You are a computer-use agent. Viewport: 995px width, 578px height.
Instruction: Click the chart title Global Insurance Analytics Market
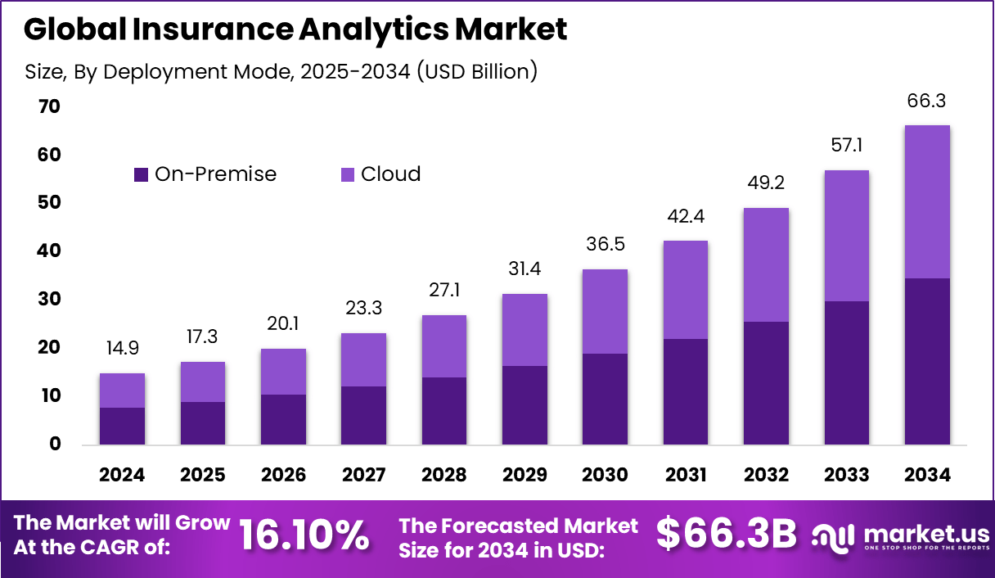[x=295, y=29]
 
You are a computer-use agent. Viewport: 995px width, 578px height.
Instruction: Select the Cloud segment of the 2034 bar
[x=927, y=201]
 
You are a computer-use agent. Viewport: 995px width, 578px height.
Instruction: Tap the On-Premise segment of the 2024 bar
[x=122, y=426]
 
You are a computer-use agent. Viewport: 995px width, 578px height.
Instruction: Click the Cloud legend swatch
[x=347, y=174]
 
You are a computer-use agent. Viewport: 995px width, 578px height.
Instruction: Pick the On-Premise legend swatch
[x=142, y=174]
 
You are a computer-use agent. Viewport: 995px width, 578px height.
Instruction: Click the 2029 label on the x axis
[x=525, y=475]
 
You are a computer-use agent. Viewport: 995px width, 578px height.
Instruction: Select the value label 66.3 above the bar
[x=927, y=102]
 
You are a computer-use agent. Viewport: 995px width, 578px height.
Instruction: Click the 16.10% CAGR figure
[x=304, y=535]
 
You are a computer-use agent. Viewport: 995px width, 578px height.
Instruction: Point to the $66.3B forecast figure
[x=726, y=535]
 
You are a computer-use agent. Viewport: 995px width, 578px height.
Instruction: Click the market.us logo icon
[x=834, y=536]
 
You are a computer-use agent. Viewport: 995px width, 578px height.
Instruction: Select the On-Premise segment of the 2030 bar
[x=605, y=399]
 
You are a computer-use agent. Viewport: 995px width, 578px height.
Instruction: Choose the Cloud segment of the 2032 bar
[x=766, y=264]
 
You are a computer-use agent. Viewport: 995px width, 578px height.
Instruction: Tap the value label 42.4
[x=686, y=217]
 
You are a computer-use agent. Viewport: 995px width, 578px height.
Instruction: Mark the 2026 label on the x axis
[x=283, y=475]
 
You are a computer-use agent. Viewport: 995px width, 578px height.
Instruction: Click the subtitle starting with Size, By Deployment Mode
[x=281, y=71]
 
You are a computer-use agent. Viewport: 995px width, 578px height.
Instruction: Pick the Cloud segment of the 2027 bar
[x=363, y=359]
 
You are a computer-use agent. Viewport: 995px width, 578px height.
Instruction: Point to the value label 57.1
[x=847, y=146]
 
